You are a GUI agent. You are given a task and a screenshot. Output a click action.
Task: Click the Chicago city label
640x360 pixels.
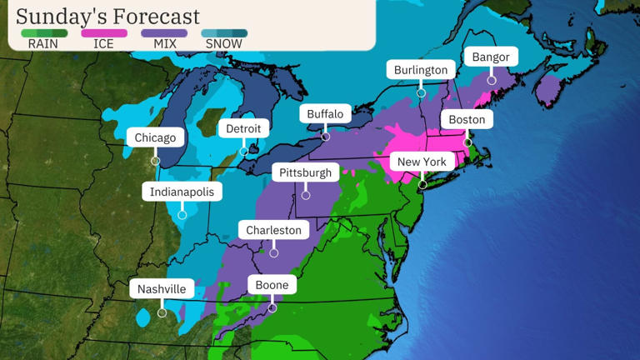(x=156, y=137)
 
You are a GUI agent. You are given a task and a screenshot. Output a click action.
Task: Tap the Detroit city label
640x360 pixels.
(x=243, y=128)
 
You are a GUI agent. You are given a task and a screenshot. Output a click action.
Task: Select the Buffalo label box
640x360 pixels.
(x=325, y=114)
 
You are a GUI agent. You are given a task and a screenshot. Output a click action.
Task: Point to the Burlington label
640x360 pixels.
(x=421, y=70)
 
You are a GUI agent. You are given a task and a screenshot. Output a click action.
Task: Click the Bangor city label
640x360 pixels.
(x=491, y=57)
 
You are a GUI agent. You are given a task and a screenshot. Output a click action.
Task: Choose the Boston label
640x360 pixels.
(x=467, y=120)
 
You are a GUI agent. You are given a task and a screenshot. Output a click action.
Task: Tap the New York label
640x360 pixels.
(x=422, y=162)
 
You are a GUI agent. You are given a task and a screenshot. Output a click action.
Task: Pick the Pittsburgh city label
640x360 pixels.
(x=306, y=172)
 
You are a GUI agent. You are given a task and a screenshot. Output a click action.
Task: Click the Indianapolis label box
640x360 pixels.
(x=182, y=192)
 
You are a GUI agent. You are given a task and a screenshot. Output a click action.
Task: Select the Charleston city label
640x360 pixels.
(x=273, y=230)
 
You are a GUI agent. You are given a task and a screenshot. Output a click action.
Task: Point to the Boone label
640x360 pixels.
(x=272, y=285)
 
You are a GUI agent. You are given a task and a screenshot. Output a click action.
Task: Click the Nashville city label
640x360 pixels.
(x=162, y=289)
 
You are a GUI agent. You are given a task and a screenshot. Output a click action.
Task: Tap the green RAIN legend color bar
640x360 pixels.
(x=43, y=33)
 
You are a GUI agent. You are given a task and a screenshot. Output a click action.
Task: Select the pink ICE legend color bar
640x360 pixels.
(x=104, y=33)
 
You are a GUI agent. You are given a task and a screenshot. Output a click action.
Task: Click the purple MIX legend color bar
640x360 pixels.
(x=164, y=33)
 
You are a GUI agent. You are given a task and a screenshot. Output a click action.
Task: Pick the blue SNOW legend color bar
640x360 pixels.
(x=224, y=33)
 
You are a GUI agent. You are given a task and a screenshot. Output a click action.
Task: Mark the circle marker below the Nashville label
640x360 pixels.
(x=162, y=312)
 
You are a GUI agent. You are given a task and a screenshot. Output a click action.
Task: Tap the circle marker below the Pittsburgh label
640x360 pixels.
(x=306, y=196)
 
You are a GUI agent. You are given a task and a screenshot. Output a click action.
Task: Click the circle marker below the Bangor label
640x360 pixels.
(x=492, y=81)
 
